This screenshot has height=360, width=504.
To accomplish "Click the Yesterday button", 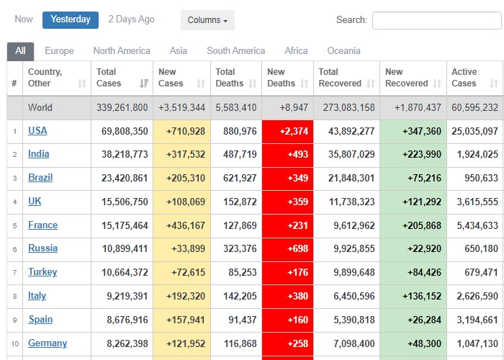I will click(71, 19).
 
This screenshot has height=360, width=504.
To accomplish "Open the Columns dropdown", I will click(207, 20).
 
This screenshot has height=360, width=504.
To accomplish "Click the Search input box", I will click(436, 20).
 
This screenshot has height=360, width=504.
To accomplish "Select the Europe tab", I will click(59, 51).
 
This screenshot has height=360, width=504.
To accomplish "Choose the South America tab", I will click(235, 51).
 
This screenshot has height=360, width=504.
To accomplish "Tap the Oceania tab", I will click(343, 51).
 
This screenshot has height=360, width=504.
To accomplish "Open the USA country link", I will click(37, 131).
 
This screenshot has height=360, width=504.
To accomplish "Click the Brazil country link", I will click(40, 178).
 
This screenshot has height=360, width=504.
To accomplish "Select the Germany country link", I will click(48, 343).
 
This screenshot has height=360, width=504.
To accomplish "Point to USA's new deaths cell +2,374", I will click(287, 131).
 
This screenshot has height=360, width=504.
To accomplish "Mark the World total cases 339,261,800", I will click(122, 108).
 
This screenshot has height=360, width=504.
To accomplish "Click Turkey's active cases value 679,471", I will click(482, 273).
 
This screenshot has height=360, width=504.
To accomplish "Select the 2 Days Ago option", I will click(131, 19).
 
